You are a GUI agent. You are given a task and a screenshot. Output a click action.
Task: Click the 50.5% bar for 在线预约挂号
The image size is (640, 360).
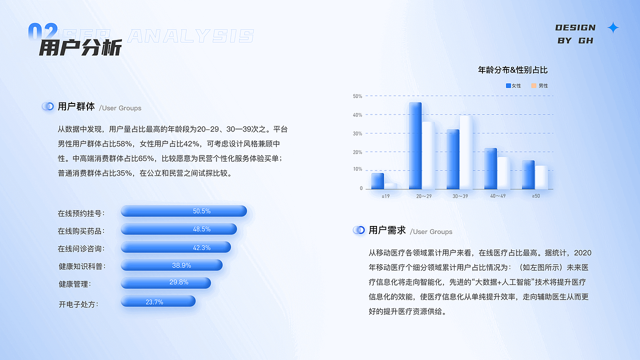pyautogui.click(x=183, y=211)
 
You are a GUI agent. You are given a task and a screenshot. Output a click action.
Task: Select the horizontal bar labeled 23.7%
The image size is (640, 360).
pyautogui.click(x=157, y=301)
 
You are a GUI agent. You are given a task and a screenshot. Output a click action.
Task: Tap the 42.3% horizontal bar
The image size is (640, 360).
pyautogui.click(x=175, y=247)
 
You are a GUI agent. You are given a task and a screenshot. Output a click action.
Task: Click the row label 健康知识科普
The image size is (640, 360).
pyautogui.click(x=82, y=266)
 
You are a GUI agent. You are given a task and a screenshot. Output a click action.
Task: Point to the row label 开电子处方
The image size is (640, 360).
pyautogui.click(x=78, y=304)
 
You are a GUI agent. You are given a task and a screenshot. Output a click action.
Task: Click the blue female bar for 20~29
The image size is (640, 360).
pyautogui.click(x=415, y=145)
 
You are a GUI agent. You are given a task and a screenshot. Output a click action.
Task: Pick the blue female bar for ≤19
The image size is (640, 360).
pyautogui.click(x=377, y=180)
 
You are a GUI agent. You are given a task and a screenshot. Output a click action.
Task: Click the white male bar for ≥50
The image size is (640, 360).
pyautogui.click(x=541, y=177)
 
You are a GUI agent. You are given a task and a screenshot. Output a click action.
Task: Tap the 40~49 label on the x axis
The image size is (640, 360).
pyautogui.click(x=497, y=196)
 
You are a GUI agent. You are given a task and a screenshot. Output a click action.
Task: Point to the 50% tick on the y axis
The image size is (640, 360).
pyautogui.click(x=357, y=96)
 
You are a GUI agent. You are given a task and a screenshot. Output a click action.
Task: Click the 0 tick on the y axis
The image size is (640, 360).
pyautogui.click(x=361, y=188)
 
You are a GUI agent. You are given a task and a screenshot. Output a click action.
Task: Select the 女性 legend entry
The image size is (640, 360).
pyautogui.click(x=513, y=85)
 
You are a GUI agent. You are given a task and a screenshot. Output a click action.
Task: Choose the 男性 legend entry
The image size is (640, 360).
pyautogui.click(x=539, y=85)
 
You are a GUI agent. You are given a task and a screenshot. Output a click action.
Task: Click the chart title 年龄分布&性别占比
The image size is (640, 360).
pyautogui.click(x=513, y=70)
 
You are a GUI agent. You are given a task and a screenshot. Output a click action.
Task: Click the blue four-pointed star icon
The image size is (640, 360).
pyautogui.click(x=613, y=28)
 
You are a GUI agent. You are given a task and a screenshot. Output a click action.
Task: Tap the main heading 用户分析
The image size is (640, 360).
pyautogui.click(x=80, y=48)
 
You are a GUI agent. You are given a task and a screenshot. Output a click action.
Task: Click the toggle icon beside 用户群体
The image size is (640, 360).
pyautogui.click(x=48, y=106)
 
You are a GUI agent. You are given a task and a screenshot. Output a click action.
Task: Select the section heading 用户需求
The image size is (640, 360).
pyautogui.click(x=387, y=230)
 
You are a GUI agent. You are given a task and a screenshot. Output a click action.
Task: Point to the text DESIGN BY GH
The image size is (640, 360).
pyautogui.click(x=575, y=34)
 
